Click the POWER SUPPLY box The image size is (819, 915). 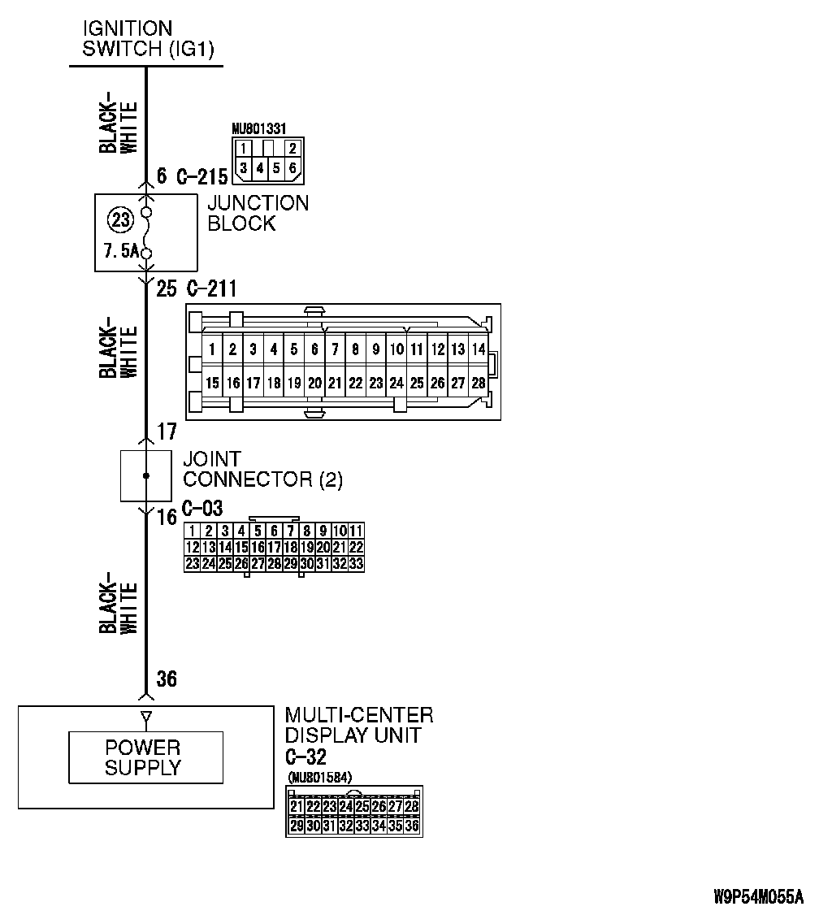coord(145,757)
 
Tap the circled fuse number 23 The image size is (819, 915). coord(120,220)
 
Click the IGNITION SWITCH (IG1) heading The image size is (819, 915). coord(148,39)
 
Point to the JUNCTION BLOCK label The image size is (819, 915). coord(258,213)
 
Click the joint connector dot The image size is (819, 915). coord(146,475)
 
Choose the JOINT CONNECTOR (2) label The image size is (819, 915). coord(262,470)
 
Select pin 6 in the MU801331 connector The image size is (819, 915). coord(292,168)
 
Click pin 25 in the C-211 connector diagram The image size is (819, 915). coord(416,382)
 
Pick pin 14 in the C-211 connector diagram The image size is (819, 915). coord(478,350)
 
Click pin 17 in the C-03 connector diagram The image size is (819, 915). coord(274,547)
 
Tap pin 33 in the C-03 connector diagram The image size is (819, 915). coord(355,562)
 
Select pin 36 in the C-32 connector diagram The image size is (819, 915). coord(412,826)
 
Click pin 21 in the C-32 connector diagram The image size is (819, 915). coord(296,807)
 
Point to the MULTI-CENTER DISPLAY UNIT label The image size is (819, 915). coord(358,725)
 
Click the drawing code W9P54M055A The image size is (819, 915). coord(757,897)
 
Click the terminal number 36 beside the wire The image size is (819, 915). coord(166,679)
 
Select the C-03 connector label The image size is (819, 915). coord(201,509)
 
